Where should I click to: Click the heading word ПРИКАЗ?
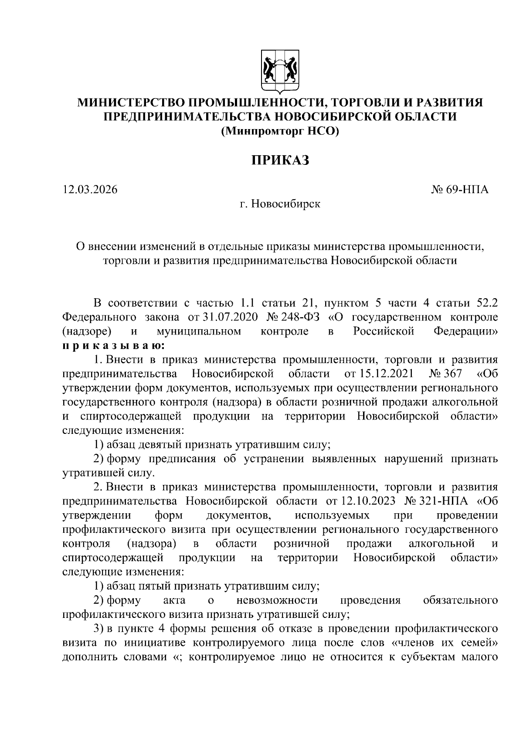[x=279, y=160]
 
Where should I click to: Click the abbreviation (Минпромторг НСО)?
[x=279, y=131]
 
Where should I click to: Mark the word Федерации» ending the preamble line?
[x=466, y=331]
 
